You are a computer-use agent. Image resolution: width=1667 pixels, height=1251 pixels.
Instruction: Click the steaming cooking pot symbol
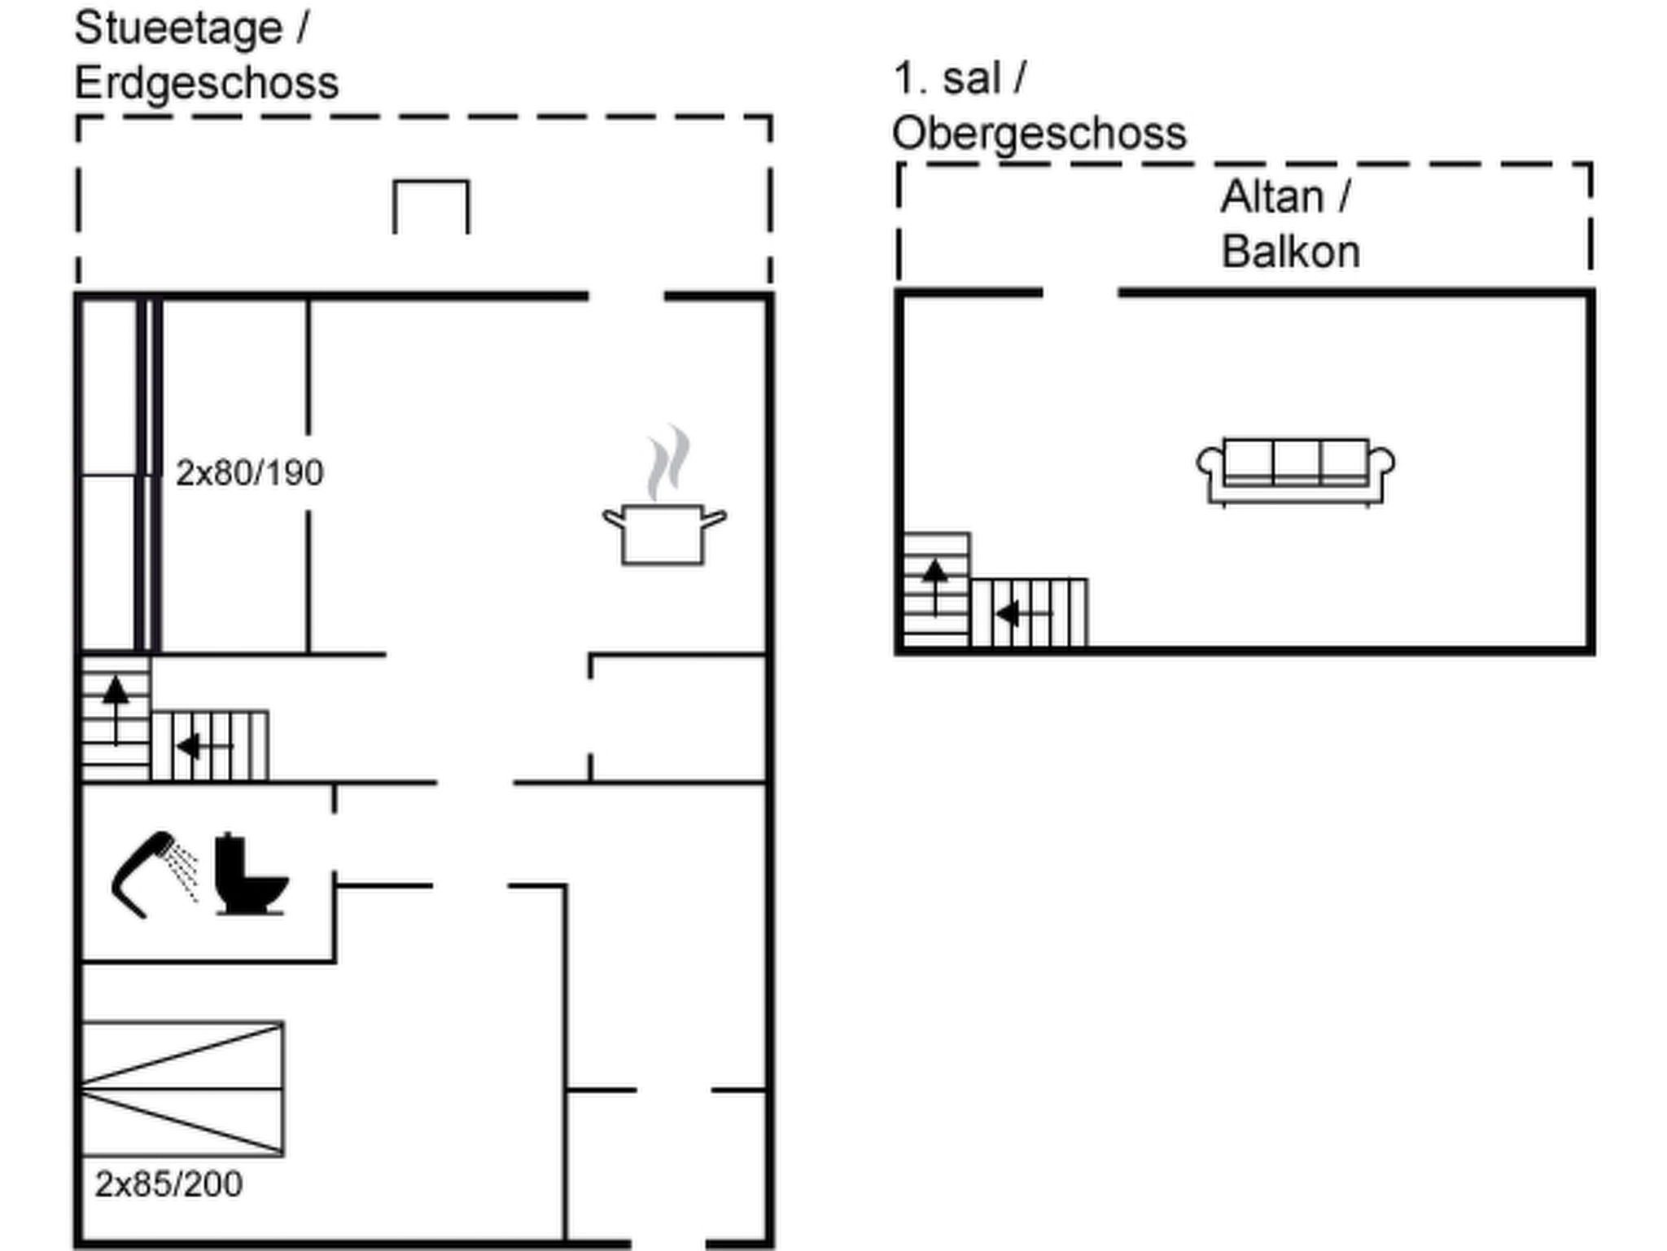coord(664,497)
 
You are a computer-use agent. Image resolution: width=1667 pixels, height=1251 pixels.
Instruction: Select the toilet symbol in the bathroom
coord(251,874)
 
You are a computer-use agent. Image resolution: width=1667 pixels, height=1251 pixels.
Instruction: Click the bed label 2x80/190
coord(250,472)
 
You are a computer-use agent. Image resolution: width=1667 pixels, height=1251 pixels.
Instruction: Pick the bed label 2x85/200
coord(168,1184)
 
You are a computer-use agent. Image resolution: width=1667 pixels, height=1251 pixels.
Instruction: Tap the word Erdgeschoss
coord(207,83)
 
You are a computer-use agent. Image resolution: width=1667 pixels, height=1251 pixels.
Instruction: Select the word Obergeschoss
coord(1039,134)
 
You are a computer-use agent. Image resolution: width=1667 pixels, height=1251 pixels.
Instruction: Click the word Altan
coord(1272,197)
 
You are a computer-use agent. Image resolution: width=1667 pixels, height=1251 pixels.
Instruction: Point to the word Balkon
coord(1291,252)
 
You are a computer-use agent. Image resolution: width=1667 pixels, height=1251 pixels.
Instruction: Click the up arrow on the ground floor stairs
coord(116,710)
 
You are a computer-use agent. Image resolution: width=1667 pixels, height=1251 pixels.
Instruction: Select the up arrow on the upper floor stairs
coord(935,586)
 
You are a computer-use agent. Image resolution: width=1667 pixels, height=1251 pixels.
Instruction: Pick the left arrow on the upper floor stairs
coord(1024,614)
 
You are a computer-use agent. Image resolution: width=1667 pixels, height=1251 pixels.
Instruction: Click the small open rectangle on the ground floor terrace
coord(431,182)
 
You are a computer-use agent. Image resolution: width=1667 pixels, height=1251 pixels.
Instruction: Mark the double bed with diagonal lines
coord(182,1088)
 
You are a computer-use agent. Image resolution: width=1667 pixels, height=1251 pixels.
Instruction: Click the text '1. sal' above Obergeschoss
coord(947,79)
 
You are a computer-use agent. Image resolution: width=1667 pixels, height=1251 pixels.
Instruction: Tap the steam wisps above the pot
coord(668,462)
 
